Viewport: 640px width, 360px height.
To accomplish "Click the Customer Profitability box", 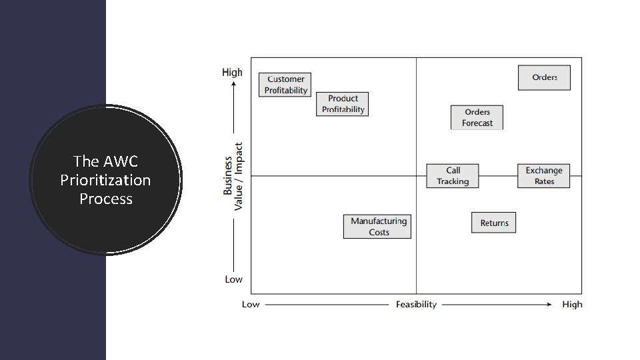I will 285,85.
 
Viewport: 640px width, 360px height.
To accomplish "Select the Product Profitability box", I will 343,104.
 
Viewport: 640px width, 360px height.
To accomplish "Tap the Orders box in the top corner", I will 544,77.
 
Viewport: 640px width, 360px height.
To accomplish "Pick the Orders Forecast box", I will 477,117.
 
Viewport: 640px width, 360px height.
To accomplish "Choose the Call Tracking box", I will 453,175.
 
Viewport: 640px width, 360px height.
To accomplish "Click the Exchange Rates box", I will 544,175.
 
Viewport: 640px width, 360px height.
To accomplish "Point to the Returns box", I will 494,223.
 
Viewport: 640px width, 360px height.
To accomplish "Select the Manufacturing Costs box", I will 378,226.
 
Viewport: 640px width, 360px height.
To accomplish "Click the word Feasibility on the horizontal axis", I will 416,305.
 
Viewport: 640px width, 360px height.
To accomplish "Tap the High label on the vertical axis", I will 232,72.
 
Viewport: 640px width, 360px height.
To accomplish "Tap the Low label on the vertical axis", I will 233,279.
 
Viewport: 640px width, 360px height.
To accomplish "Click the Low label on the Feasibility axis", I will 251,305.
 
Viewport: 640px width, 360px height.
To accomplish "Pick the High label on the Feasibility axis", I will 572,305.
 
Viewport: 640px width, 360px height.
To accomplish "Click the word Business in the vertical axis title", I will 228,176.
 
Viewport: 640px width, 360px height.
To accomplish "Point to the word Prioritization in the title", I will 105,180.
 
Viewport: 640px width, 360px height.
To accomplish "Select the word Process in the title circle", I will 105,199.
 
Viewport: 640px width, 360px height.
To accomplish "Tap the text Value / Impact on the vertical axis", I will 239,175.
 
